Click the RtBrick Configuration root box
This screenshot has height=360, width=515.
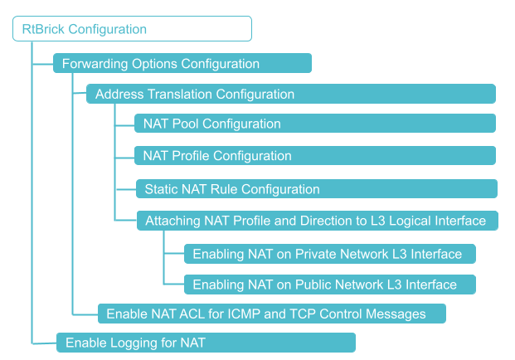click(132, 29)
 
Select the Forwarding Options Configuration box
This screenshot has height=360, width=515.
click(182, 64)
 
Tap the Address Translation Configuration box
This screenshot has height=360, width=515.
click(290, 94)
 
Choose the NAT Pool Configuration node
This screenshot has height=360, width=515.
click(315, 124)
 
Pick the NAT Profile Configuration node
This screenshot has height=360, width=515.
click(315, 156)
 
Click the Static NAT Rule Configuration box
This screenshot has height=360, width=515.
click(317, 189)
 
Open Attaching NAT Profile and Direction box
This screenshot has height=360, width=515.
click(317, 221)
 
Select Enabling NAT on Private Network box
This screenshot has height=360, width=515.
click(329, 253)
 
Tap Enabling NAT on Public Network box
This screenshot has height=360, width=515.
click(329, 285)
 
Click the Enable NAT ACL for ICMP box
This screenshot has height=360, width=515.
click(271, 314)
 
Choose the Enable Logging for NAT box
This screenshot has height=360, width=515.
click(206, 343)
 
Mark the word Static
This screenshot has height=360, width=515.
click(162, 189)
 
